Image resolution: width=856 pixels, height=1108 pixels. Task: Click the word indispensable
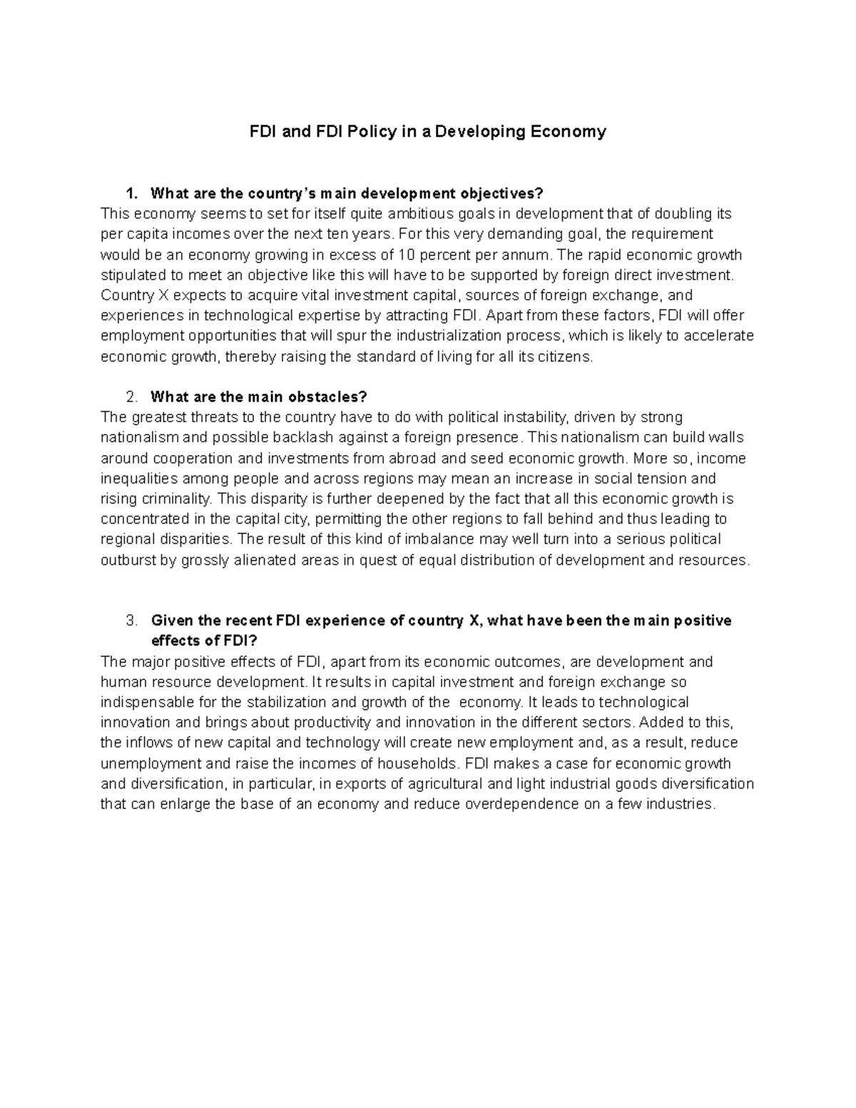click(x=146, y=702)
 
